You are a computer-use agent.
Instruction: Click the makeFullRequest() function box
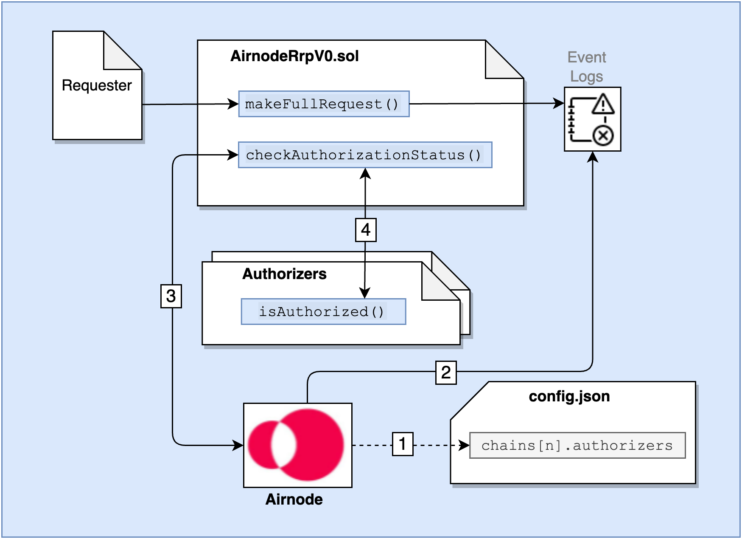324,104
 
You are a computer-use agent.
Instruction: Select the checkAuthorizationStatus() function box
365,155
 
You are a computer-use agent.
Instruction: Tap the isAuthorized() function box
323,312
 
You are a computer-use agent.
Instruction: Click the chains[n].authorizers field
577,446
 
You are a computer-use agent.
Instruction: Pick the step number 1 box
403,444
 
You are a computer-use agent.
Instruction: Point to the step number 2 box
446,373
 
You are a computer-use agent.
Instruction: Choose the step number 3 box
171,296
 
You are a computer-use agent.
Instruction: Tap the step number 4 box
366,230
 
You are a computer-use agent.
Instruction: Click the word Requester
97,85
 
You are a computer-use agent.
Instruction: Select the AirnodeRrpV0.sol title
294,56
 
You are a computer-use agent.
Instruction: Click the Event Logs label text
587,67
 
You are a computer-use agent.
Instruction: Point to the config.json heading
569,396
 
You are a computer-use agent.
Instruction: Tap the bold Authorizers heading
284,274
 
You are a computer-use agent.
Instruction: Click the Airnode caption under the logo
294,499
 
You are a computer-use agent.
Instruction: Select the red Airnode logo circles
297,445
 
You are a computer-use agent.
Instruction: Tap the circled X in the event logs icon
603,136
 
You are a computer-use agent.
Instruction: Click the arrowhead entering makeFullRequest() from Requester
233,104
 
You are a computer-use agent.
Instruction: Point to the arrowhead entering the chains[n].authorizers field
465,446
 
